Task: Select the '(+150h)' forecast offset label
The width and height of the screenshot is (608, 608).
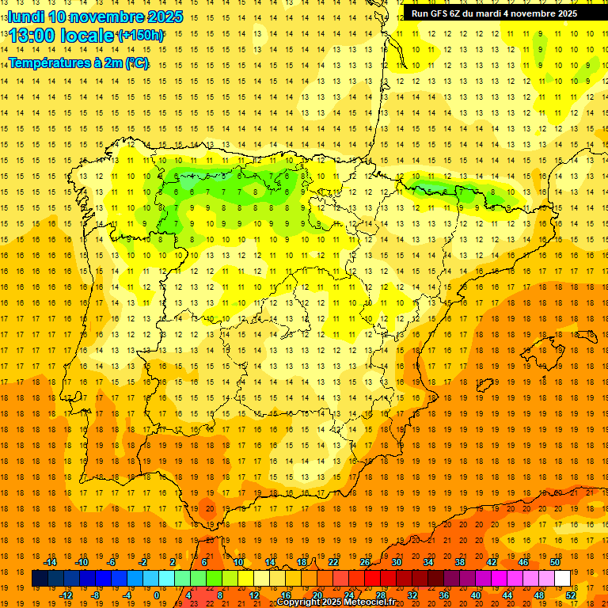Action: coord(141,36)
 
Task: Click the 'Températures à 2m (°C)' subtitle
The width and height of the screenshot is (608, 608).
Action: coord(78,63)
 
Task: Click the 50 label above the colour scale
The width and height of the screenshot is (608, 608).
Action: coord(554,562)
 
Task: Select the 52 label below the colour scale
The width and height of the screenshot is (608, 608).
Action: coord(571,595)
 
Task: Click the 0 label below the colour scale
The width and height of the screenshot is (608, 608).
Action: coord(157,595)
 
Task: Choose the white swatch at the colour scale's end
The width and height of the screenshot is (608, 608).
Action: coord(562,579)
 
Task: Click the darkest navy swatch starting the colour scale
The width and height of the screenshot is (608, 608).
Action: coord(40,579)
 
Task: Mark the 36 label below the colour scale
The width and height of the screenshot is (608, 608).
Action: coord(444,595)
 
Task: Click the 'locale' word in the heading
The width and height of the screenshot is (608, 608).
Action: coord(82,36)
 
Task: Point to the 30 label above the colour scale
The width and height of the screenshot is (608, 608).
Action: coord(396,562)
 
